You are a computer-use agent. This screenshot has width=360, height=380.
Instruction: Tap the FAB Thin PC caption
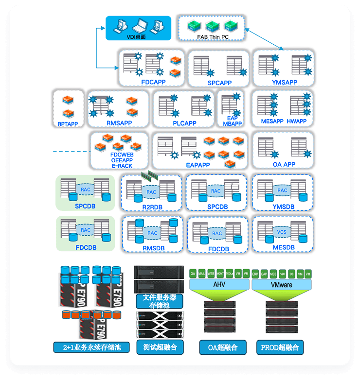click(213, 37)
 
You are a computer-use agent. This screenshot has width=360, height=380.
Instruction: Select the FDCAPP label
click(153, 82)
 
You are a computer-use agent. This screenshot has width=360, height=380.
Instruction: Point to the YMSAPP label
click(285, 82)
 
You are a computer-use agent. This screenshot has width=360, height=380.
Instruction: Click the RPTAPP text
click(68, 123)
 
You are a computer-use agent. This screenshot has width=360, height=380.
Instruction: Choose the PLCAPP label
click(184, 123)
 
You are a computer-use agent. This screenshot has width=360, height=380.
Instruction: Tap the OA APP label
click(283, 164)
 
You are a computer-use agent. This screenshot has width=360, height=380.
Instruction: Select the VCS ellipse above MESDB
click(282, 232)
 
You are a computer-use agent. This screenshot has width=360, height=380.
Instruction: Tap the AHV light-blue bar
click(219, 284)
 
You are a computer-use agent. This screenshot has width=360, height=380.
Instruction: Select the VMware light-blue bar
click(281, 284)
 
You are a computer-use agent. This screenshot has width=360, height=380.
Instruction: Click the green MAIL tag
click(202, 274)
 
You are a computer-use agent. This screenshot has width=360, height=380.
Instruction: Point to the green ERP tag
click(255, 274)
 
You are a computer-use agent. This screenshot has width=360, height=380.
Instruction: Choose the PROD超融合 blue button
click(280, 347)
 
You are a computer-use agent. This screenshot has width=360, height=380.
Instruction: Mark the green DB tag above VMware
click(291, 274)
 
